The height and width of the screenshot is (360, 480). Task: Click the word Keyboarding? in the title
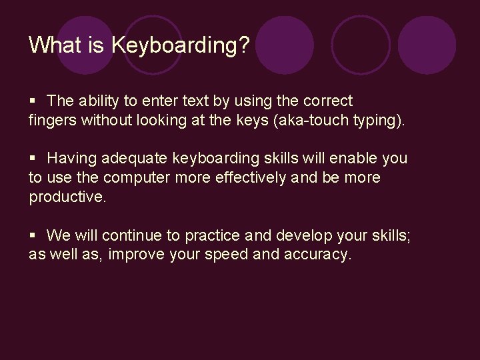pyautogui.click(x=181, y=45)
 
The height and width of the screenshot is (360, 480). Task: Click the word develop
pyautogui.click(x=297, y=235)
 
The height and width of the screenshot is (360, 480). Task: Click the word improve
pyautogui.click(x=141, y=255)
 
